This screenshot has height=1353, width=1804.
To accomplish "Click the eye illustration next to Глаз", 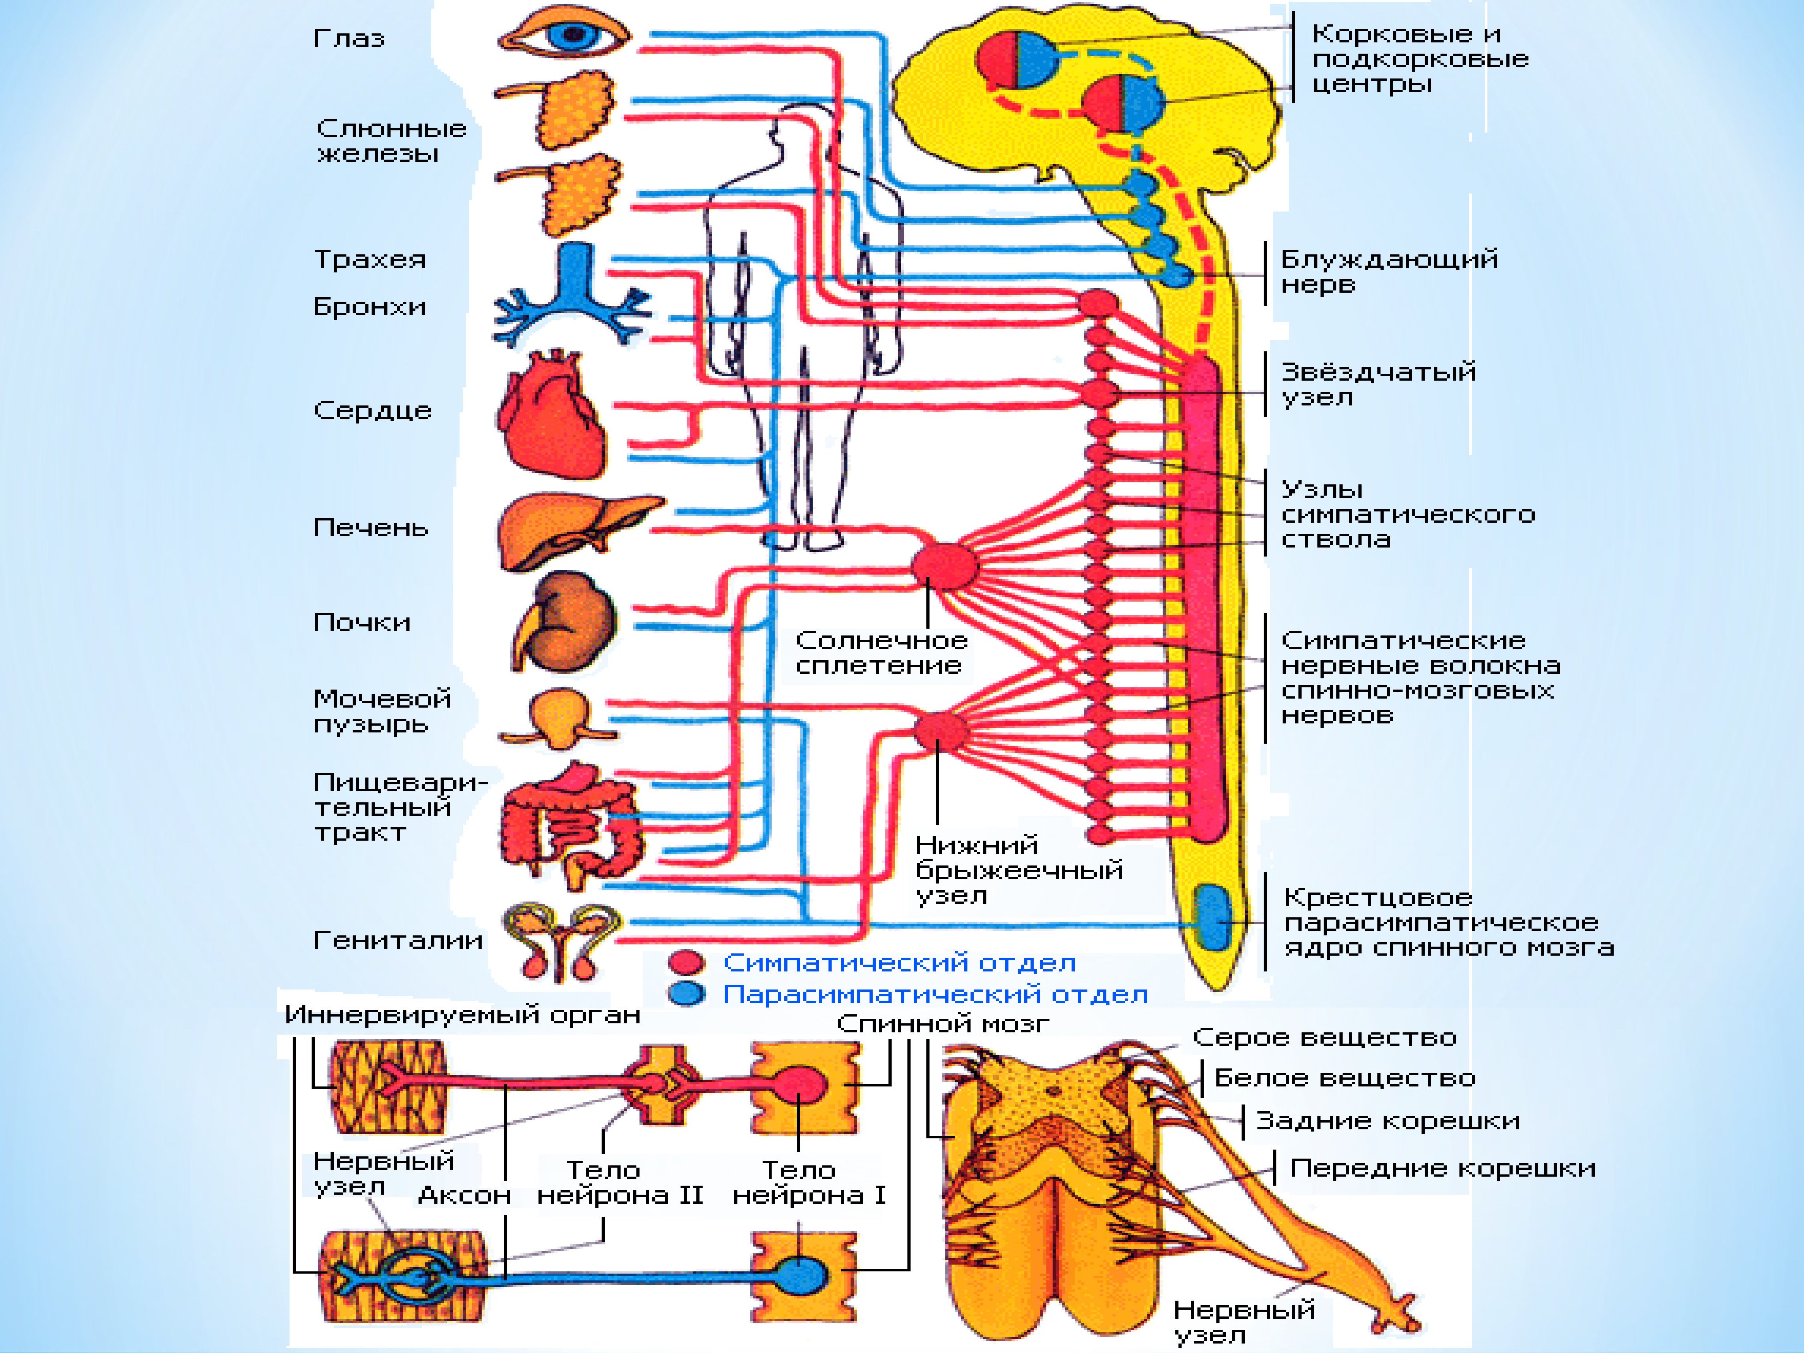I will [564, 34].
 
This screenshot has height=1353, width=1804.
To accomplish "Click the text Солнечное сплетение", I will [881, 653].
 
